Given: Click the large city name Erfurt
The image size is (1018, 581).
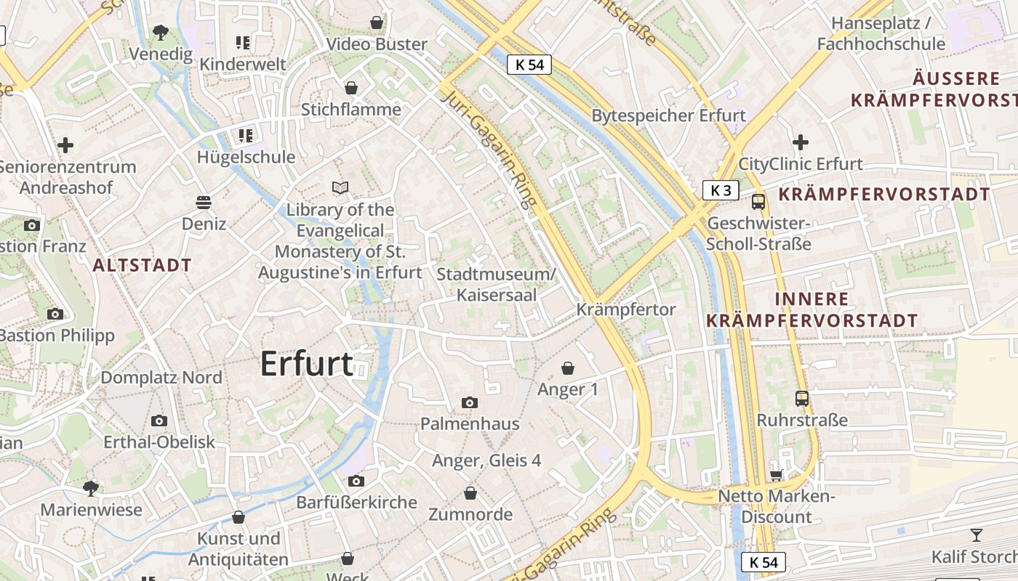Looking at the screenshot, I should (x=306, y=364).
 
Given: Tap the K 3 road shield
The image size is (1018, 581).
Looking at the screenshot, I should (x=721, y=190).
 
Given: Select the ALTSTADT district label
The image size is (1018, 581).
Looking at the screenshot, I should (x=143, y=265).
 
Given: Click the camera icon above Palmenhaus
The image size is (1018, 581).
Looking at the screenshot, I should (x=470, y=402).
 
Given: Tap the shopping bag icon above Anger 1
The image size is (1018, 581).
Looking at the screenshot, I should (x=568, y=368).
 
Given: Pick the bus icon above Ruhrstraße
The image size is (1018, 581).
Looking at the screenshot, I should (x=802, y=398).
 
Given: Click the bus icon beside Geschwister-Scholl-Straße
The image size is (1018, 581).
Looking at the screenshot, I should (x=758, y=201).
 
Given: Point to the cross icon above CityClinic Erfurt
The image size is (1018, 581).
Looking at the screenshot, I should (x=801, y=142).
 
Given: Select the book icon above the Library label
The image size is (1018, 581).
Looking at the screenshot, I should (x=340, y=188).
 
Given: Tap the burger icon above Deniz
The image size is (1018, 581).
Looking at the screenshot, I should (x=204, y=202).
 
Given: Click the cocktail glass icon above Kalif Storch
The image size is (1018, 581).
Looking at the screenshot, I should (x=976, y=535).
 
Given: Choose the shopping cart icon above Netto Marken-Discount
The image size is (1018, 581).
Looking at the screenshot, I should (x=776, y=475).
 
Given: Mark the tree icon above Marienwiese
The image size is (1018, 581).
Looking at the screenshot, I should (x=91, y=487).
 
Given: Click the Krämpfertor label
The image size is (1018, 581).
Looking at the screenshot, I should (x=626, y=309).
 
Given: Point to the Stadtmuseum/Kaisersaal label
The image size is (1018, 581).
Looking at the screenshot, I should (x=496, y=285).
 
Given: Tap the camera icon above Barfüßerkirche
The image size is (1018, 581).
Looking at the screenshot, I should (x=356, y=481).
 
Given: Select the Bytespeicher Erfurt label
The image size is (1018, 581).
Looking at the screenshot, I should (x=668, y=115).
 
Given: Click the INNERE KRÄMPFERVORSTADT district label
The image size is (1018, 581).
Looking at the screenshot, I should (x=811, y=309).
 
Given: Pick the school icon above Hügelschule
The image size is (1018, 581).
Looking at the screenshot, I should (x=245, y=135).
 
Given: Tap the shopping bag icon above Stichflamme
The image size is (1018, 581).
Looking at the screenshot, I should (x=351, y=88).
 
